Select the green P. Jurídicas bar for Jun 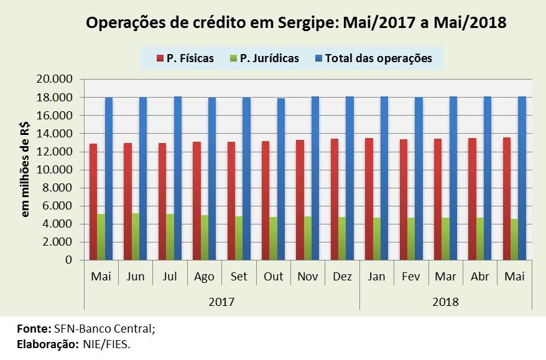tap(136, 236)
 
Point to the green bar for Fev tap(411, 239)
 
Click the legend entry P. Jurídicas tap(264, 58)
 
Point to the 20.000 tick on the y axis tap(56, 79)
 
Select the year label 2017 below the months tap(221, 302)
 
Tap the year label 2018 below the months tap(445, 302)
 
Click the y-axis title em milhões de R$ tap(25, 169)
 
